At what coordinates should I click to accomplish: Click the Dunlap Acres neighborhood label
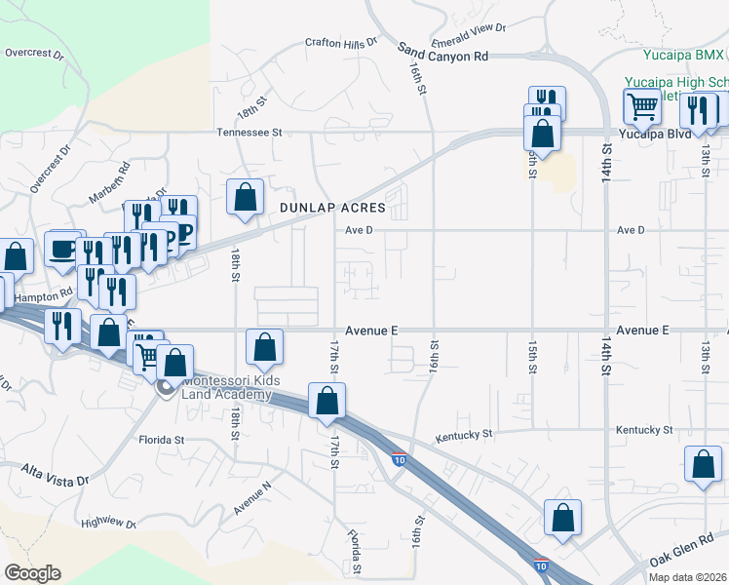coord(332,208)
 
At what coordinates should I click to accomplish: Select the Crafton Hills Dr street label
coord(340,43)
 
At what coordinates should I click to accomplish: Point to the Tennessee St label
coord(249,132)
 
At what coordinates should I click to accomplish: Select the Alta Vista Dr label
coord(56,475)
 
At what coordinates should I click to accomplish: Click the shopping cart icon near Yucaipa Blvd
coord(642,107)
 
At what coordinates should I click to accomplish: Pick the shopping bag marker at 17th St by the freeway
coord(327,400)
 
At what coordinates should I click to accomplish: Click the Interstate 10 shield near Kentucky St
coord(400,457)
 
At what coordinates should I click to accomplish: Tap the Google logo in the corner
coord(32,573)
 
